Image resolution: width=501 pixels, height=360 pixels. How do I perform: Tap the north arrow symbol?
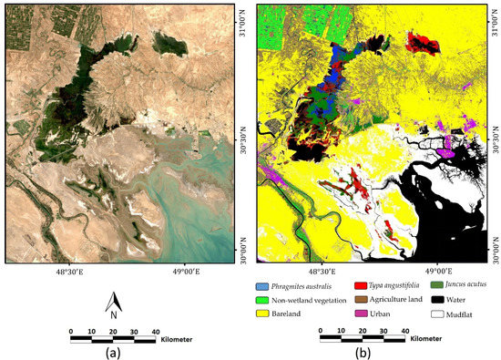point(113,306)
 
